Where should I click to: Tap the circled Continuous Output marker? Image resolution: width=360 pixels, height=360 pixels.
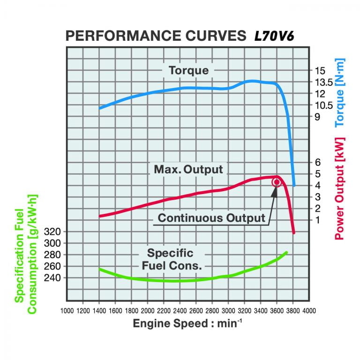(x=277, y=182)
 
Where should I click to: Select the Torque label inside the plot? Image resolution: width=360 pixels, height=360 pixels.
(x=188, y=71)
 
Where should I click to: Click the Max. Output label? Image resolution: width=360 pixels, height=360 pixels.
(x=188, y=169)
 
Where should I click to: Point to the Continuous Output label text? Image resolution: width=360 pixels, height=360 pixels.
(x=211, y=218)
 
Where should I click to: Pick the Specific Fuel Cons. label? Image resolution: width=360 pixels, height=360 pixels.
(x=171, y=259)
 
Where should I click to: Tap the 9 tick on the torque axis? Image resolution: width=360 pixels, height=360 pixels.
(x=317, y=117)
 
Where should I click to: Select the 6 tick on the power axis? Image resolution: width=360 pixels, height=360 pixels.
(x=317, y=162)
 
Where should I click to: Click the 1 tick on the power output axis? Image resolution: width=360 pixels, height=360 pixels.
(x=317, y=219)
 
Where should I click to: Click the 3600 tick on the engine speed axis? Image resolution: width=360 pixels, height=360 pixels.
(x=277, y=310)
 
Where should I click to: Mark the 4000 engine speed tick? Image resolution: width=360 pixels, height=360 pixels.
(x=308, y=310)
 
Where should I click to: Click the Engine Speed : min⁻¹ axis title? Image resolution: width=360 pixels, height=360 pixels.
(x=188, y=323)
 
